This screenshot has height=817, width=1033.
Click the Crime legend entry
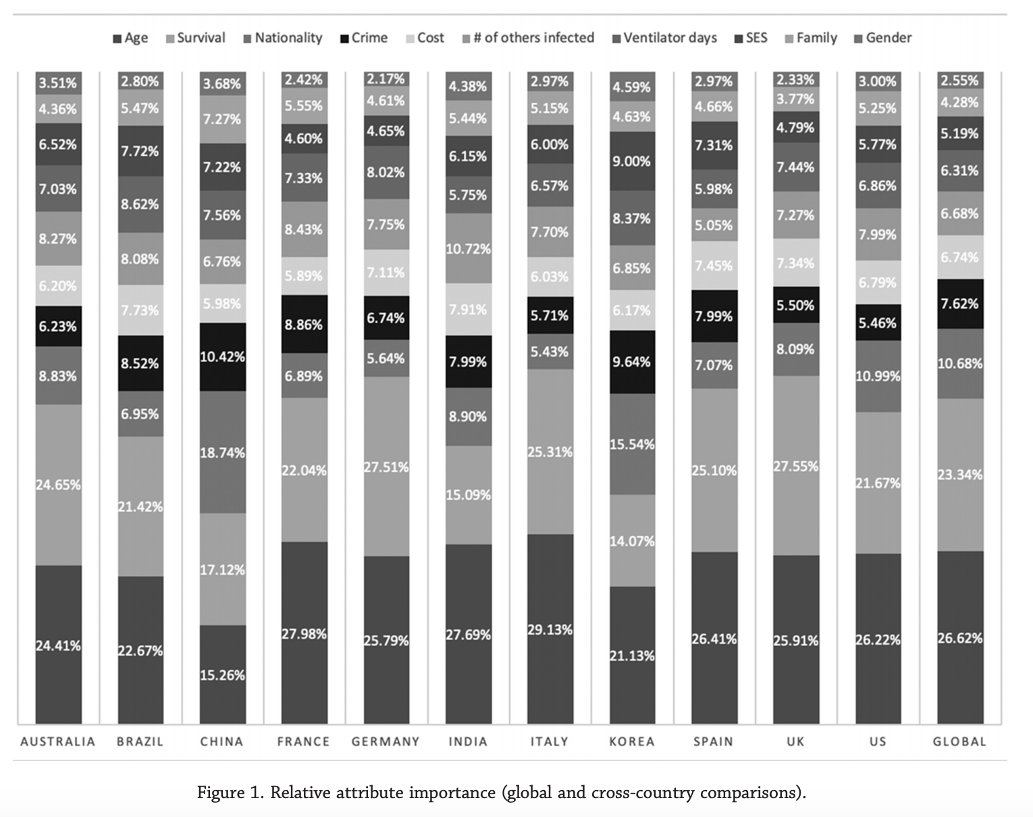364,38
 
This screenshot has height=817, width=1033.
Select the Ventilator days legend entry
665,38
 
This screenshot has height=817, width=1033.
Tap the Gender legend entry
883,38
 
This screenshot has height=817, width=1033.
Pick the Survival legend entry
195,38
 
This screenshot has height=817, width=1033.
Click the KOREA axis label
632,741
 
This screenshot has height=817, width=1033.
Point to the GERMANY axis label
386,741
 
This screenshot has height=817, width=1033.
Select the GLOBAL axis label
959,741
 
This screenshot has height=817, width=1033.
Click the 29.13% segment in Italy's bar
550,629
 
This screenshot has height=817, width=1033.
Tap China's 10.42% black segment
223,357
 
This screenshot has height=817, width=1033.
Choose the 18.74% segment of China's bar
223,452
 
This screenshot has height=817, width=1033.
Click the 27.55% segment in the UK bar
796,465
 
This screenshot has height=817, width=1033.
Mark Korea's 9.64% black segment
632,362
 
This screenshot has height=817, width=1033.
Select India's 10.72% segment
469,248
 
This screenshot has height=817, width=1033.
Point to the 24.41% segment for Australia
59,645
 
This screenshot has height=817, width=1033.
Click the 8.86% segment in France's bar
304,324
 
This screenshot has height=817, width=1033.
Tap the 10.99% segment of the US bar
878,376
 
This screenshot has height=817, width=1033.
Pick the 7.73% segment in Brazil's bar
140,310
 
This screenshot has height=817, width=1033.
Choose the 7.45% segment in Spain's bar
714,265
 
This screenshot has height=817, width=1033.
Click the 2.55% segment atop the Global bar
960,80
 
